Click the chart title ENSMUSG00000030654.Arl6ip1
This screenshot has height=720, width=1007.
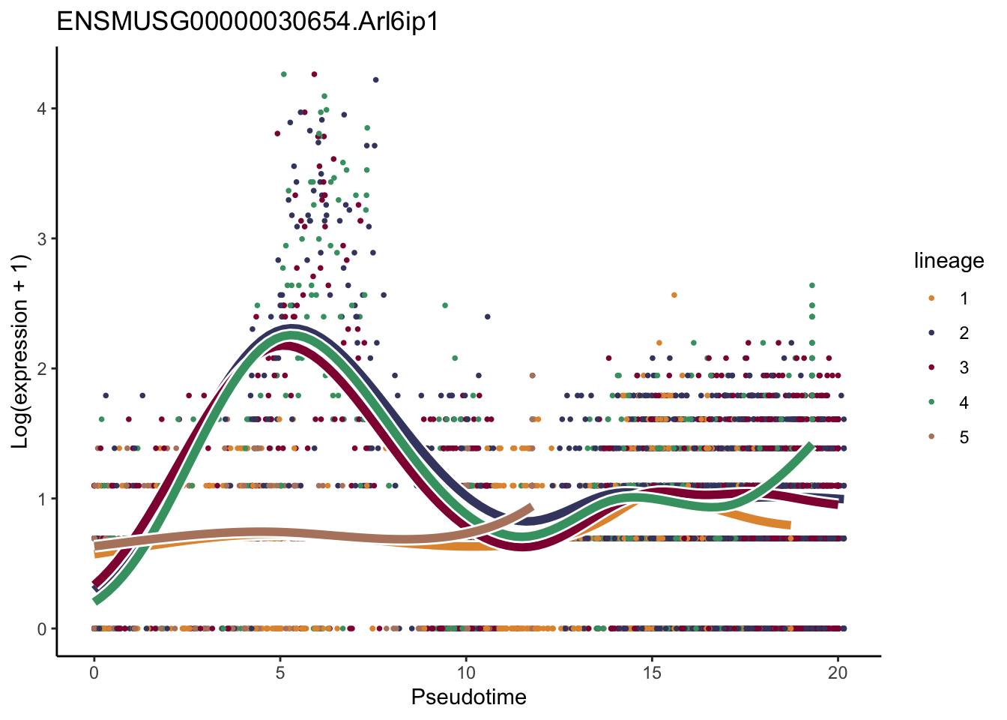point(247,22)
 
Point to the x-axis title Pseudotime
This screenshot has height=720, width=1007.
point(468,697)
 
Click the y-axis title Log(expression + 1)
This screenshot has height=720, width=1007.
point(20,352)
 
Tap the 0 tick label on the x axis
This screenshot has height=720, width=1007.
point(94,673)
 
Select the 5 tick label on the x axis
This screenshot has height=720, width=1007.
point(279,673)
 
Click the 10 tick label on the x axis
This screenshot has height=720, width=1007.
point(465,673)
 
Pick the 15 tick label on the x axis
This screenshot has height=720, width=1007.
point(652,673)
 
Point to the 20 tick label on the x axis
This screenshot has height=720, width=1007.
point(838,673)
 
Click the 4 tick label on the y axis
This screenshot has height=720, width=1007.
point(41,109)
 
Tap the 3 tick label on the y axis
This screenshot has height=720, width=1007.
point(41,238)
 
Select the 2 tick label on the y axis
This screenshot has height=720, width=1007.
point(41,368)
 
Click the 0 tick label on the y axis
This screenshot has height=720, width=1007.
point(41,628)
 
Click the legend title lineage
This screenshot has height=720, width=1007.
point(949,261)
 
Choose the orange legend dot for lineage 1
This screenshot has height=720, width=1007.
point(931,298)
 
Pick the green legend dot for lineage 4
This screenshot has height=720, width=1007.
point(931,403)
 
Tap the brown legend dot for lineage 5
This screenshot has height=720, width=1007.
point(931,437)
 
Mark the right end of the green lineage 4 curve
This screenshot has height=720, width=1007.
point(811,446)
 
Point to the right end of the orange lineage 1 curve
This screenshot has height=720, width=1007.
point(788,525)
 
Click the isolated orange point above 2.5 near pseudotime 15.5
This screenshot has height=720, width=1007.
point(674,295)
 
